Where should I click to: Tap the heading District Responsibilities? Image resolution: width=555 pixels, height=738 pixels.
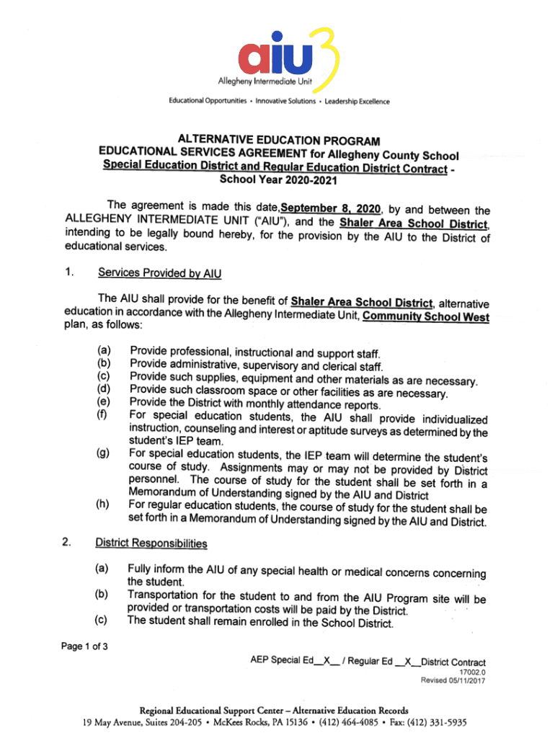click(x=151, y=543)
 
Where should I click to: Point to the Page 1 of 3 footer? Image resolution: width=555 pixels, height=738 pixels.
click(x=85, y=646)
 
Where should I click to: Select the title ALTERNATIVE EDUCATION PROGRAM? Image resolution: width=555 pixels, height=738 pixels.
click(x=278, y=140)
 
